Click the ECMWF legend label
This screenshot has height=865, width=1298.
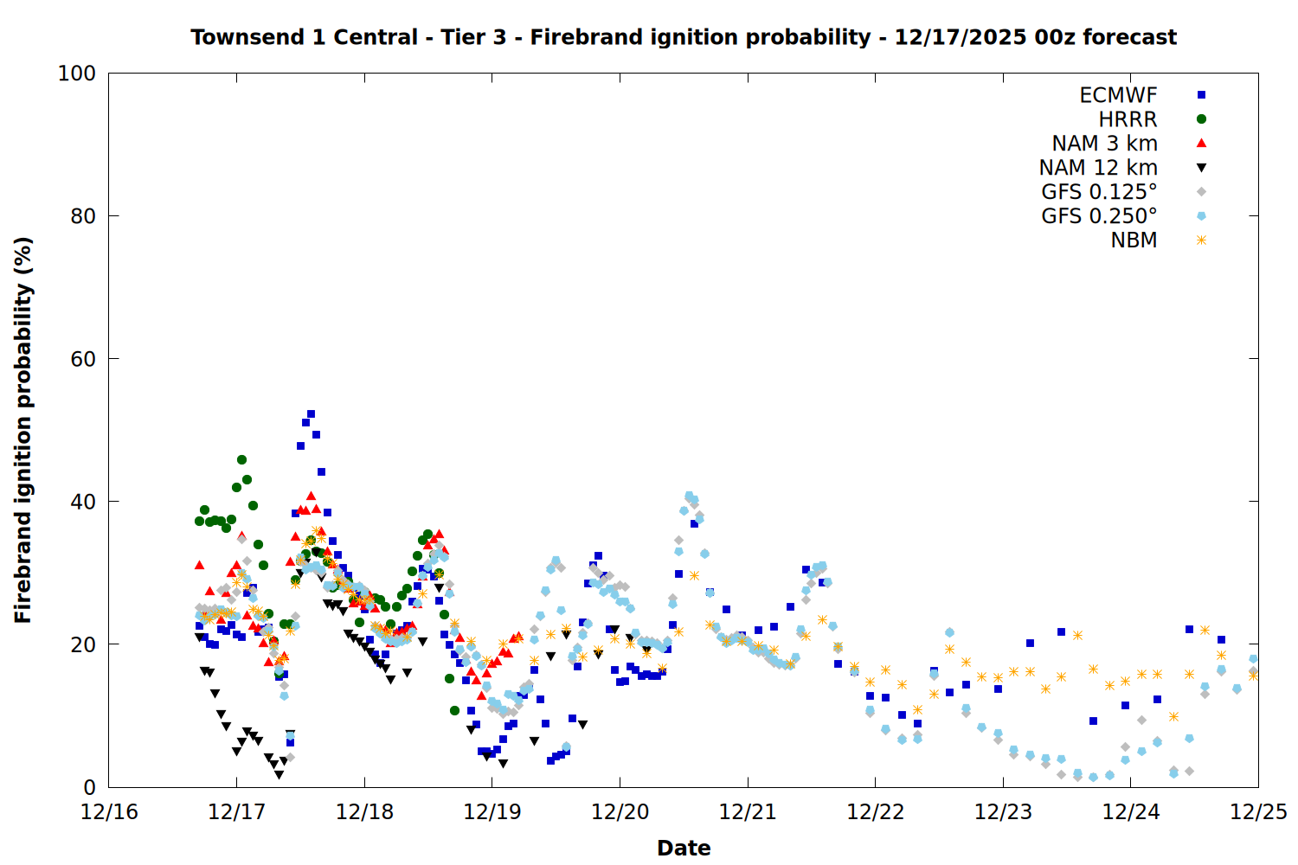[x=1118, y=95]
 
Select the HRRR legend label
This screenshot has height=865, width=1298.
[x=1128, y=119]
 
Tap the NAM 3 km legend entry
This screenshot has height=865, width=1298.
[x=1104, y=144]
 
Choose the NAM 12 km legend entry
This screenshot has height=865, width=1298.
[x=1098, y=168]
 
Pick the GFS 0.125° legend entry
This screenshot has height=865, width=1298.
[x=1099, y=192]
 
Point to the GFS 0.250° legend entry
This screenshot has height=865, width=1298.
[x=1099, y=216]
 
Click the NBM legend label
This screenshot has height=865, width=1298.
[x=1134, y=240]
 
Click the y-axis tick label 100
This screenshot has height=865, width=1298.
[x=77, y=74]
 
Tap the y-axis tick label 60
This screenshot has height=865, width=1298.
[x=83, y=359]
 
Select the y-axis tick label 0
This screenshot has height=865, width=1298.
[x=89, y=787]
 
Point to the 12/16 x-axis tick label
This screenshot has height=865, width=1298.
[x=109, y=812]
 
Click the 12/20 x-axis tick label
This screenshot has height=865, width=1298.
[x=620, y=812]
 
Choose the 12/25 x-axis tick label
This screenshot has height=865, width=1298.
[x=1258, y=812]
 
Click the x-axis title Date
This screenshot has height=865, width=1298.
[x=684, y=848]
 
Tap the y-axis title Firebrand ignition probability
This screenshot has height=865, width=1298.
[x=23, y=430]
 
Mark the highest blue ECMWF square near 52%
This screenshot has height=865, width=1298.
[x=311, y=414]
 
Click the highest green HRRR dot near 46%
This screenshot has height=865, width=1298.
[x=241, y=459]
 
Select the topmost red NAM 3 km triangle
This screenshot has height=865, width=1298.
[x=311, y=496]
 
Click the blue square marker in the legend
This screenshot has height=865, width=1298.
[x=1201, y=95]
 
